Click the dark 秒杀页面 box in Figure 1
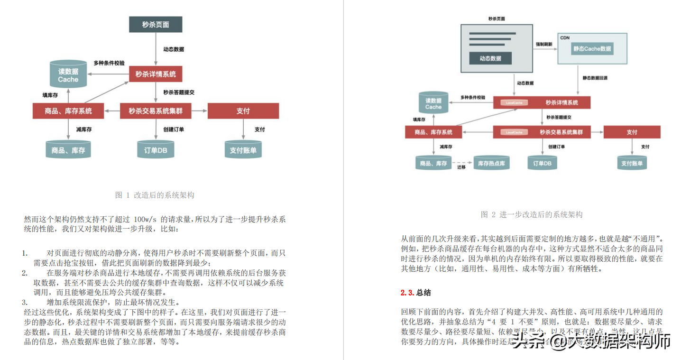[156, 25]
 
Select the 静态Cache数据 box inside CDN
[592, 48]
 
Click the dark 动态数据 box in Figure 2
[490, 58]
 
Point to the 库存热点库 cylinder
[491, 163]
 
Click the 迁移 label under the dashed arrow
[461, 167]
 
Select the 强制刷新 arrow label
[544, 44]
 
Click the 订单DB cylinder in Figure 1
[156, 150]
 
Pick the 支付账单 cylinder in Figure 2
[632, 163]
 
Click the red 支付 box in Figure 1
[243, 111]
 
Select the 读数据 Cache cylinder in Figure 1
[68, 75]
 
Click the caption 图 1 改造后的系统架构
[155, 195]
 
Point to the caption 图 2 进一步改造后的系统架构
[532, 214]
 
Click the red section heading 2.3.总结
[415, 293]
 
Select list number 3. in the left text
[25, 302]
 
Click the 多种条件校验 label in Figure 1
[109, 63]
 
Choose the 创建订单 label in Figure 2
[556, 147]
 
